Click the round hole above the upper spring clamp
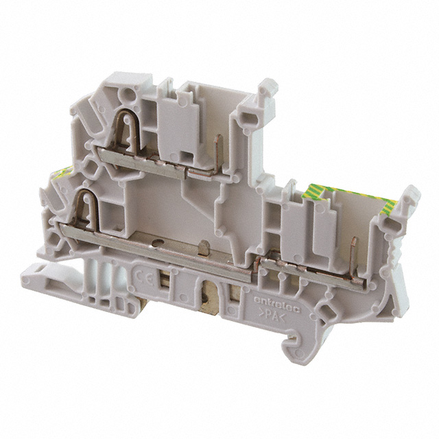coord(126,97)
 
